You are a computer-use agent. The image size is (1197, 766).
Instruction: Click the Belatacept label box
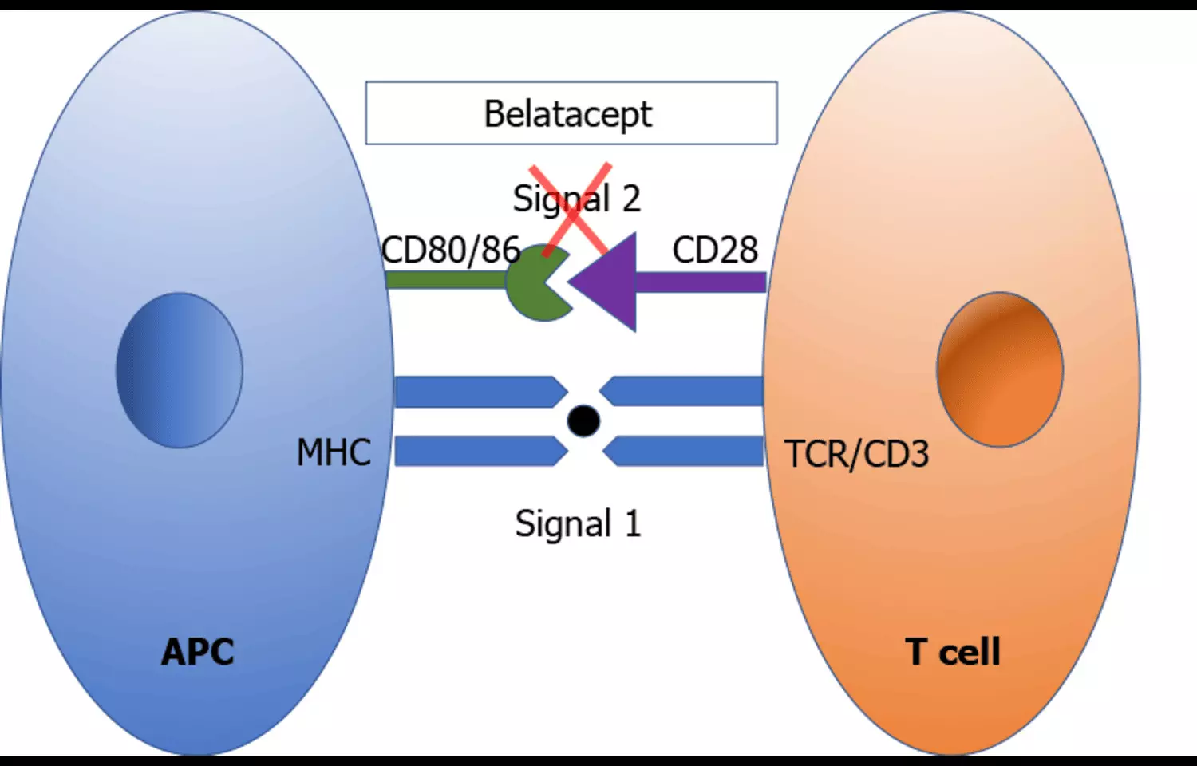coord(571,113)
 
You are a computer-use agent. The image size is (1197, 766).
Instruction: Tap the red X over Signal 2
coord(571,209)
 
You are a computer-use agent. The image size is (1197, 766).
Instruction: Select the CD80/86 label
coord(451,250)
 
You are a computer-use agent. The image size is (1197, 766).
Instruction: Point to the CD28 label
coord(715,250)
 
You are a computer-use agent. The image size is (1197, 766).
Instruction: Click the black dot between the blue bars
coord(583,421)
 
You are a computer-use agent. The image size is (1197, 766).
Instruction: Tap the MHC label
coord(334,452)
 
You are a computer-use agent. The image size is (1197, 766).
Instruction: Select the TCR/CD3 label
coord(857,454)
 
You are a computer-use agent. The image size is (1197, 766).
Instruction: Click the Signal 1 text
coord(578,524)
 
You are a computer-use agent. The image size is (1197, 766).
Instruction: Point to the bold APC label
coord(198,652)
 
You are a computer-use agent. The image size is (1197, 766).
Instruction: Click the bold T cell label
coord(953,652)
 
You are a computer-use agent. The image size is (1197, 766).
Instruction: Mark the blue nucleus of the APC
coord(180,370)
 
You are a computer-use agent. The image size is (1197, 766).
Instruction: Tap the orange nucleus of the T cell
coord(1000,369)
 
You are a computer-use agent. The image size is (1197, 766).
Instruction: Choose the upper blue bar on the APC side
coord(479,392)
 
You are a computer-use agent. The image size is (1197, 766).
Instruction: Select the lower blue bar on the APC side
coord(479,451)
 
